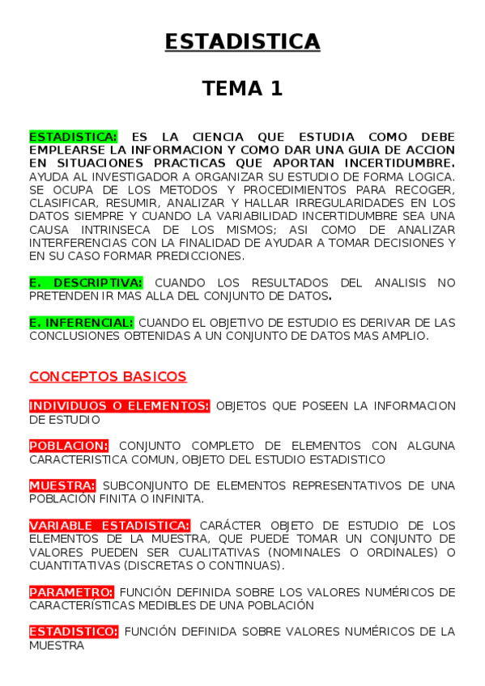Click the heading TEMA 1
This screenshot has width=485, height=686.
[x=242, y=88]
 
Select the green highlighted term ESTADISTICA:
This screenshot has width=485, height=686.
[x=73, y=137]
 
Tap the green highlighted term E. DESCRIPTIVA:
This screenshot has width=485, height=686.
[x=86, y=282]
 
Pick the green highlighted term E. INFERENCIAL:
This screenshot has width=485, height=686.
[x=81, y=322]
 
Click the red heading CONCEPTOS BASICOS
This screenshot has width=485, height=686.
[x=108, y=376]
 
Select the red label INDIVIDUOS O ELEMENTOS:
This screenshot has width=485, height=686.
[x=119, y=406]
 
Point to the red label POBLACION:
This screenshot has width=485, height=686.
[x=69, y=446]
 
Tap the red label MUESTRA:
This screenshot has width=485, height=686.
[x=62, y=485]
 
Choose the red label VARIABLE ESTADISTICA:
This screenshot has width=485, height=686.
[x=110, y=525]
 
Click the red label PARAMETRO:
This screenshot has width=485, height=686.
[x=71, y=591]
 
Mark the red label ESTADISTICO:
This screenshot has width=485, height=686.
[x=74, y=631]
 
